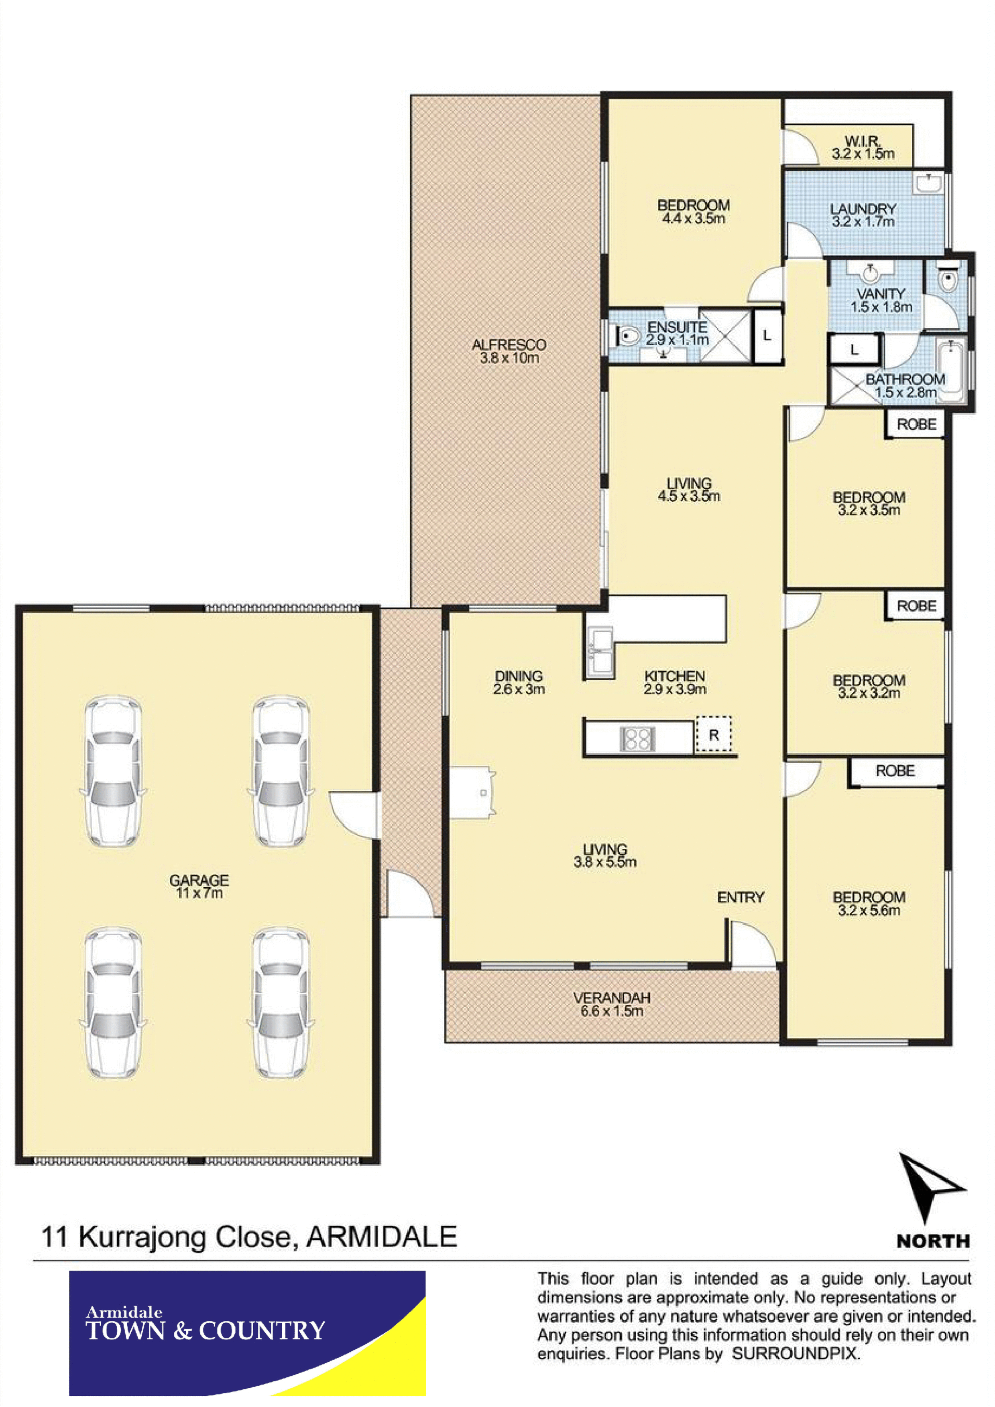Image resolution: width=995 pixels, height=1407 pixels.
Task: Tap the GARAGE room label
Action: coord(199,881)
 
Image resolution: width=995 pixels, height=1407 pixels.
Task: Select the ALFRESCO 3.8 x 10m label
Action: coord(509,351)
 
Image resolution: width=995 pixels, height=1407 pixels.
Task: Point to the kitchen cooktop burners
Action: coord(638,738)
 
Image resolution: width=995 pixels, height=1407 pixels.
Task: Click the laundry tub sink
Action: coord(930,182)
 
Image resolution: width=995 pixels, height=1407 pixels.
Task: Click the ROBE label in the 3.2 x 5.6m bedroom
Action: coord(895,771)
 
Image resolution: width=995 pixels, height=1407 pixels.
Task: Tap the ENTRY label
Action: coord(741,897)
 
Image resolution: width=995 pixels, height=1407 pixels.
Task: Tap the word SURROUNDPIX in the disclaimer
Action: coord(796,1354)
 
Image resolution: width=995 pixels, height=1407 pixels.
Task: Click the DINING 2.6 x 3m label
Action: coord(519,683)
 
